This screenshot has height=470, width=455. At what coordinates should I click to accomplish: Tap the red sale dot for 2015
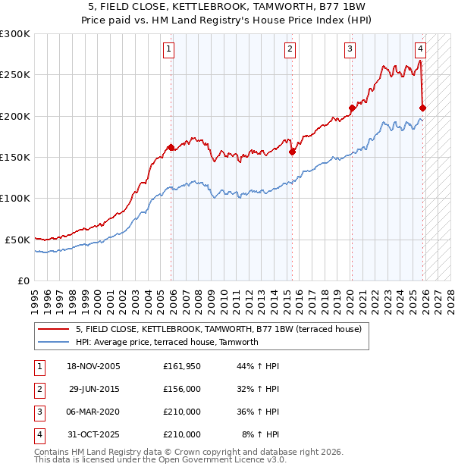click(x=292, y=152)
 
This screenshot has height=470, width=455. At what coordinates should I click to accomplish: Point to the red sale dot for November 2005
click(x=171, y=147)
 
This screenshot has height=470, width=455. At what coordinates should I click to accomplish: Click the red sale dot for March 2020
click(x=352, y=108)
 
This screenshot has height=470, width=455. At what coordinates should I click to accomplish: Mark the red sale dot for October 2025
click(x=422, y=108)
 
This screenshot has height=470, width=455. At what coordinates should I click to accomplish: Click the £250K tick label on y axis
click(x=15, y=75)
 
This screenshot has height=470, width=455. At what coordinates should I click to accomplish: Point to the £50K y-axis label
click(x=17, y=240)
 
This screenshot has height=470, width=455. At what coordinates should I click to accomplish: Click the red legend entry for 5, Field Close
click(x=219, y=329)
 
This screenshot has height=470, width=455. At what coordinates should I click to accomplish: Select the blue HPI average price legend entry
click(x=167, y=342)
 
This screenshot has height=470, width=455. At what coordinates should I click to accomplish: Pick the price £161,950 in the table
click(x=181, y=366)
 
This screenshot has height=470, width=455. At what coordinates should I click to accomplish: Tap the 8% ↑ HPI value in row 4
click(x=260, y=434)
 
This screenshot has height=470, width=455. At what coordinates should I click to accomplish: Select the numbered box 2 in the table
click(x=38, y=389)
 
